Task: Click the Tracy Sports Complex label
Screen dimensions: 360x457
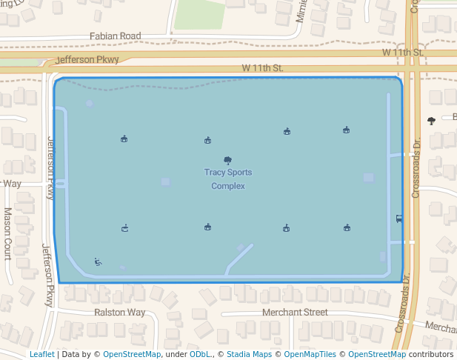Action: pyautogui.click(x=228, y=179)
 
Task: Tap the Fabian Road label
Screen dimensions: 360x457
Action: pyautogui.click(x=115, y=36)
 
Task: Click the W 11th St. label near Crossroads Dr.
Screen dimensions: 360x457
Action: pyautogui.click(x=402, y=53)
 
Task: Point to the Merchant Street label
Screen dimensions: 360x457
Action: pyautogui.click(x=295, y=313)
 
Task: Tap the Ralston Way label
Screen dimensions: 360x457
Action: pyautogui.click(x=120, y=313)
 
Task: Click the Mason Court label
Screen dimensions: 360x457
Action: pyautogui.click(x=7, y=233)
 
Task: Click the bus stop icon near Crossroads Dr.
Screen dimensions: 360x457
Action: pyautogui.click(x=399, y=219)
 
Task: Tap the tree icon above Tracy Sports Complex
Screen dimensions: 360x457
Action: pyautogui.click(x=227, y=160)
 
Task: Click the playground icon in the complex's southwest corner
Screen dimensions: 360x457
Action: pyautogui.click(x=98, y=261)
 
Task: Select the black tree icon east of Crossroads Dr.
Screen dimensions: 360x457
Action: pyautogui.click(x=432, y=121)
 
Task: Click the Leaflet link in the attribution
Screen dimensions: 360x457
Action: pyautogui.click(x=42, y=355)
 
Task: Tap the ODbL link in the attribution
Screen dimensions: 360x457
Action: pyautogui.click(x=200, y=355)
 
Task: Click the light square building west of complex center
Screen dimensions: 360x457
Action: pyautogui.click(x=165, y=182)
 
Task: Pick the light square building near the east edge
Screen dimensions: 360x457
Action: pyautogui.click(x=368, y=178)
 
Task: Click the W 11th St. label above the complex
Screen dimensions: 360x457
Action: pyautogui.click(x=262, y=68)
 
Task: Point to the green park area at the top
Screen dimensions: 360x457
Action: pyautogui.click(x=199, y=13)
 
